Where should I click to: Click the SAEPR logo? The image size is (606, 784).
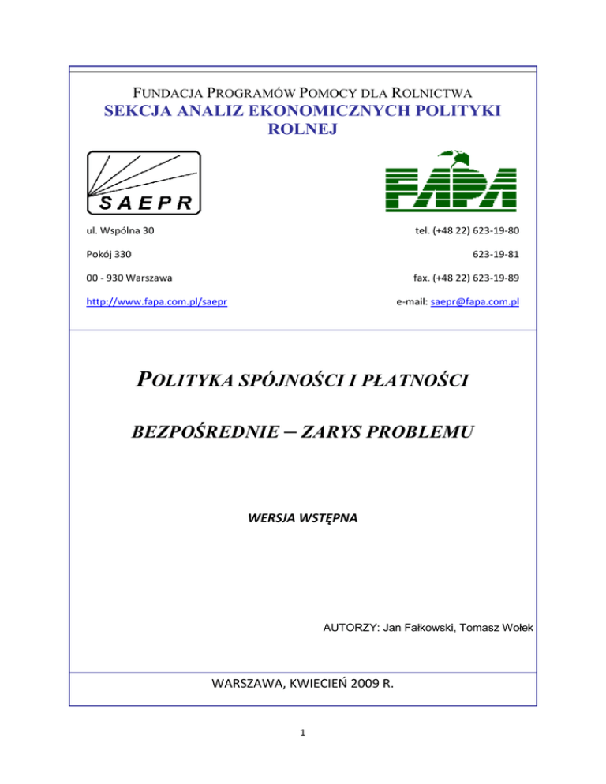[144, 183]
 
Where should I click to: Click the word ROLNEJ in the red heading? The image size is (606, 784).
[303, 129]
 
